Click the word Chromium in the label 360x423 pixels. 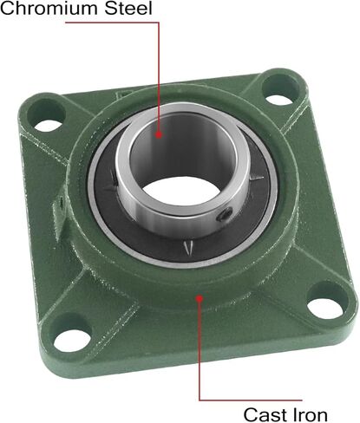tap(50, 8)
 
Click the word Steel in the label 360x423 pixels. tap(128, 8)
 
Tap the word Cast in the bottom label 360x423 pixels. tap(265, 415)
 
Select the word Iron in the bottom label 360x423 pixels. tap(311, 415)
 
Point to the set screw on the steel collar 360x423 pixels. tap(226, 214)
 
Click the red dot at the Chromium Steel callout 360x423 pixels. tap(159, 134)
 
